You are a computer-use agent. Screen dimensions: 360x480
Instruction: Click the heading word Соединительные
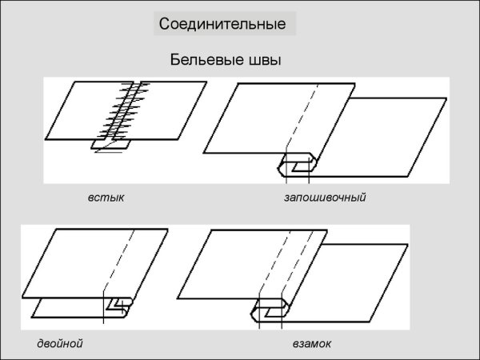point(222,24)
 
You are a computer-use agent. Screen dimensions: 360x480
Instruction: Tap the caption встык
point(106,197)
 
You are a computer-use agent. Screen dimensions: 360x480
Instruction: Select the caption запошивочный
point(325,197)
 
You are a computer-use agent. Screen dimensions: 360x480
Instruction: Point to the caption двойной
point(60,343)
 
